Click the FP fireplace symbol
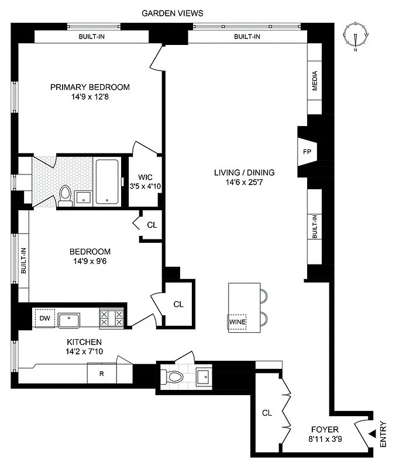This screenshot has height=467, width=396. click(307, 152)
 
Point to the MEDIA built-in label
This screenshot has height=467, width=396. click(315, 81)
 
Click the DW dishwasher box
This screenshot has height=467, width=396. click(44, 318)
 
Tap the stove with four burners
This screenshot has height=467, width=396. click(112, 318)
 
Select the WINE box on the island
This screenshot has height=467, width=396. click(237, 322)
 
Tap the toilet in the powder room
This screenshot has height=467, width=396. click(174, 376)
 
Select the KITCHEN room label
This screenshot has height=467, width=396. click(84, 342)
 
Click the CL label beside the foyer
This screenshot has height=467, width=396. click(267, 413)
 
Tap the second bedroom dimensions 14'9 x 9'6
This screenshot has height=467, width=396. click(88, 261)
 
